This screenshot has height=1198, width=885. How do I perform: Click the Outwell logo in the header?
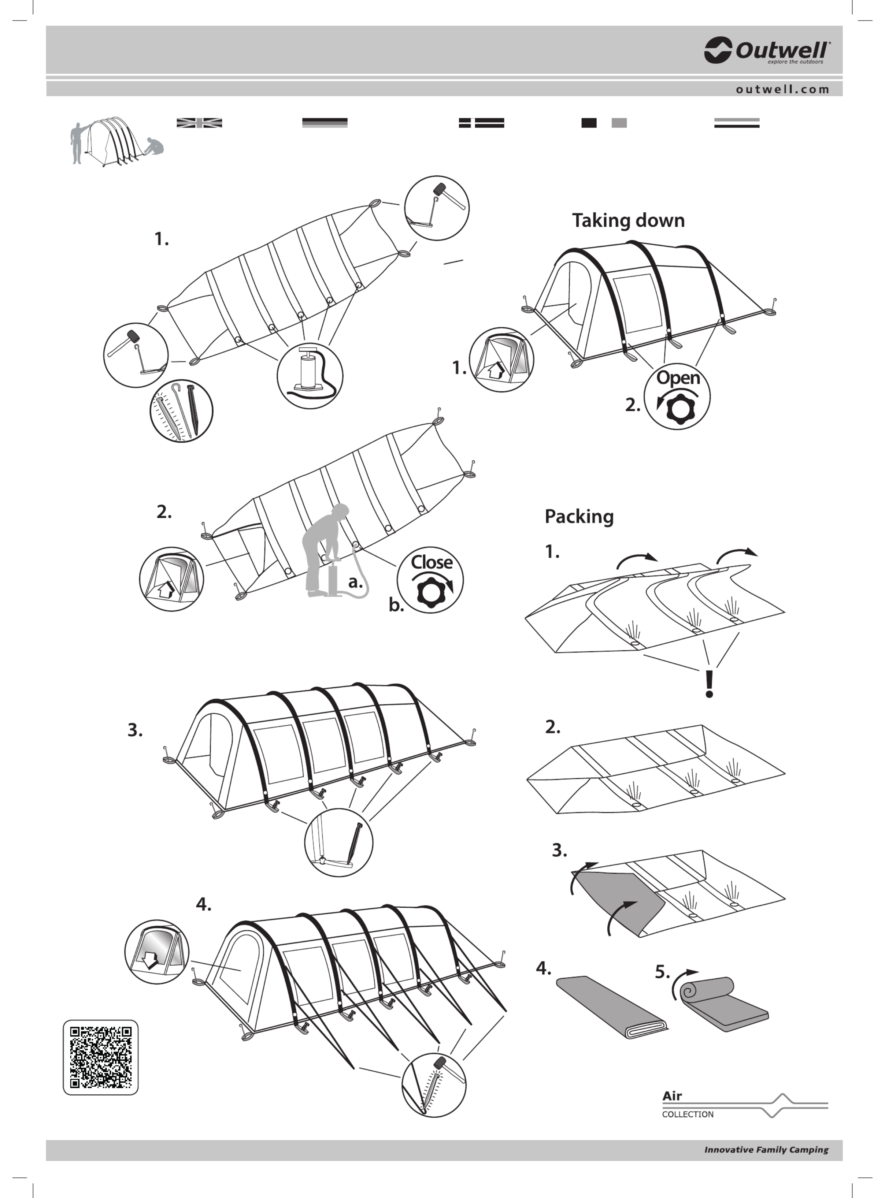(767, 50)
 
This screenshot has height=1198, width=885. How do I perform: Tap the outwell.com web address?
(782, 89)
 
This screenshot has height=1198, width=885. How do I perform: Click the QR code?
(101, 1057)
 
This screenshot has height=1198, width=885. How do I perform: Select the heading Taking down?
(628, 220)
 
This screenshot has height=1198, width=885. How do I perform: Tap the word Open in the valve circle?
(678, 377)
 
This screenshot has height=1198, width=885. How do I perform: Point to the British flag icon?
(199, 123)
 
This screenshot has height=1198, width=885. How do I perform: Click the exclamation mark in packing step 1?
(709, 684)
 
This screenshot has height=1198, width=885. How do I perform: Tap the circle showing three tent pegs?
(181, 410)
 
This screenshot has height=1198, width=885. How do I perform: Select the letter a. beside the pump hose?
(355, 582)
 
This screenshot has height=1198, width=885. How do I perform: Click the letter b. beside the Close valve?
(396, 605)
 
